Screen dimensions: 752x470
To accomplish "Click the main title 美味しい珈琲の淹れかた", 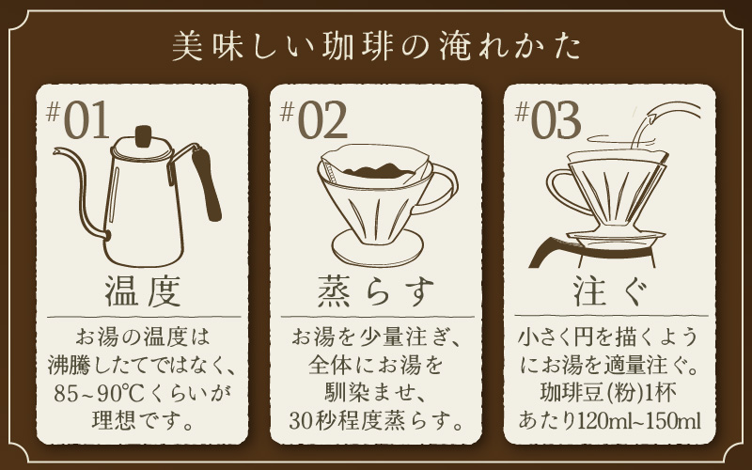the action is [x=377, y=47].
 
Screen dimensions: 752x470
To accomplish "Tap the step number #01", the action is [x=78, y=120].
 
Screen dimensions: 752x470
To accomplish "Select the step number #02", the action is [x=313, y=120].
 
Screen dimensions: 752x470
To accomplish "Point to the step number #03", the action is [x=548, y=120].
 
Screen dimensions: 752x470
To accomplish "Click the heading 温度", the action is [x=143, y=291].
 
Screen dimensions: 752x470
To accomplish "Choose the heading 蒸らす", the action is [x=377, y=291].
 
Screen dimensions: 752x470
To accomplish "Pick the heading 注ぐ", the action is [x=610, y=291].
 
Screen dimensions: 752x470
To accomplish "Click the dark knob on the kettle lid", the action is [x=144, y=135].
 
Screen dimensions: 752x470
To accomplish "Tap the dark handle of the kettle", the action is [x=207, y=183].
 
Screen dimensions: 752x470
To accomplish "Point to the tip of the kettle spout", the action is [x=55, y=151].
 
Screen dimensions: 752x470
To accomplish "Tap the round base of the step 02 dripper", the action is [x=377, y=248].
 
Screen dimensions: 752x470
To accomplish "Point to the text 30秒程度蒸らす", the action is [x=376, y=421].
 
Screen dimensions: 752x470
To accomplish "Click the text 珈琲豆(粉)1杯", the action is [x=608, y=394].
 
